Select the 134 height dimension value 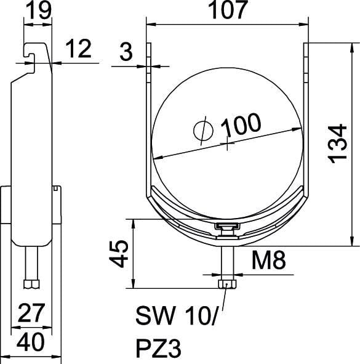click(337, 144)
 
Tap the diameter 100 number click(241, 126)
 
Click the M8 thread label click(268, 261)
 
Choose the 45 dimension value click(119, 254)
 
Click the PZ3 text click(158, 349)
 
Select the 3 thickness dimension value click(126, 52)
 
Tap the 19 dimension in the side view click(39, 10)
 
